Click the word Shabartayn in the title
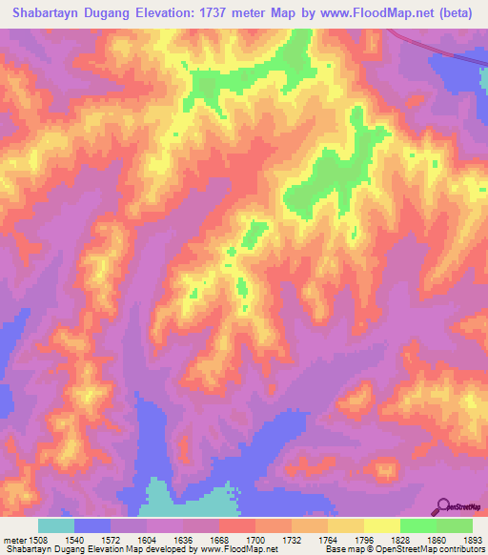coord(49,13)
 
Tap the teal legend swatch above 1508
coord(56,525)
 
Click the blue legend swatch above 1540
coord(92,525)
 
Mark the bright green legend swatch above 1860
coord(417,525)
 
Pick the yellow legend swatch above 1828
coord(381,525)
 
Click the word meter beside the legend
coord(15,540)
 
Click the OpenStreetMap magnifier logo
coord(445,505)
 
